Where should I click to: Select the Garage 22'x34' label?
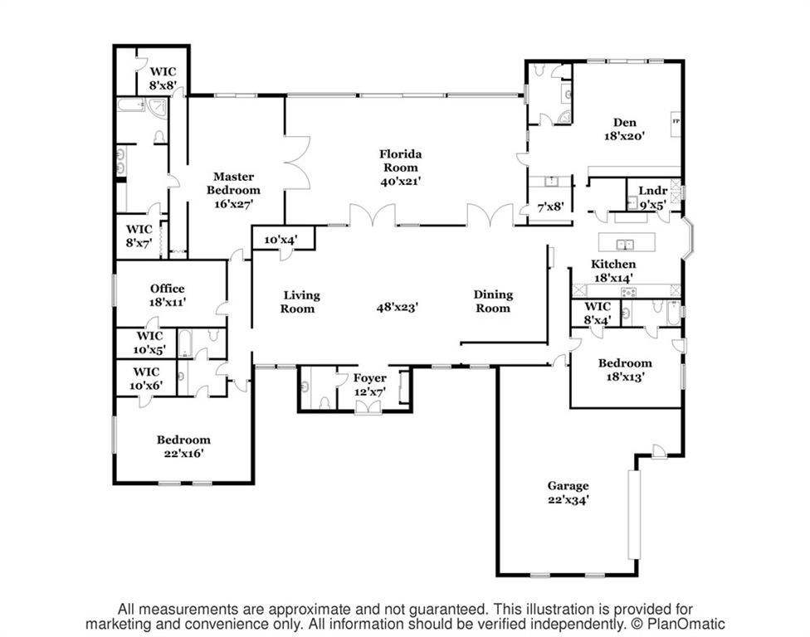(568, 493)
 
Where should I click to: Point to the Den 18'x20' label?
(625, 129)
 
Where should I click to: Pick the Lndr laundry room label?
(653, 191)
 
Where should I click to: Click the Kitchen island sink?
(627, 243)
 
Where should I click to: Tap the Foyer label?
(370, 378)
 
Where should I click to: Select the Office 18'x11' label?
(168, 295)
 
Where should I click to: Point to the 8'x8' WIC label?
(163, 79)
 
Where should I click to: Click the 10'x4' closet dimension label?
(281, 240)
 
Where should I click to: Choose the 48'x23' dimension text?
(397, 307)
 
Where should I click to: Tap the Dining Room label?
(493, 301)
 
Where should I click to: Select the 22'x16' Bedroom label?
(184, 446)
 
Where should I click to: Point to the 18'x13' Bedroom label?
(625, 370)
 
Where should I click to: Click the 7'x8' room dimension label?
(550, 207)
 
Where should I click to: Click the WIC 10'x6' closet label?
(146, 378)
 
